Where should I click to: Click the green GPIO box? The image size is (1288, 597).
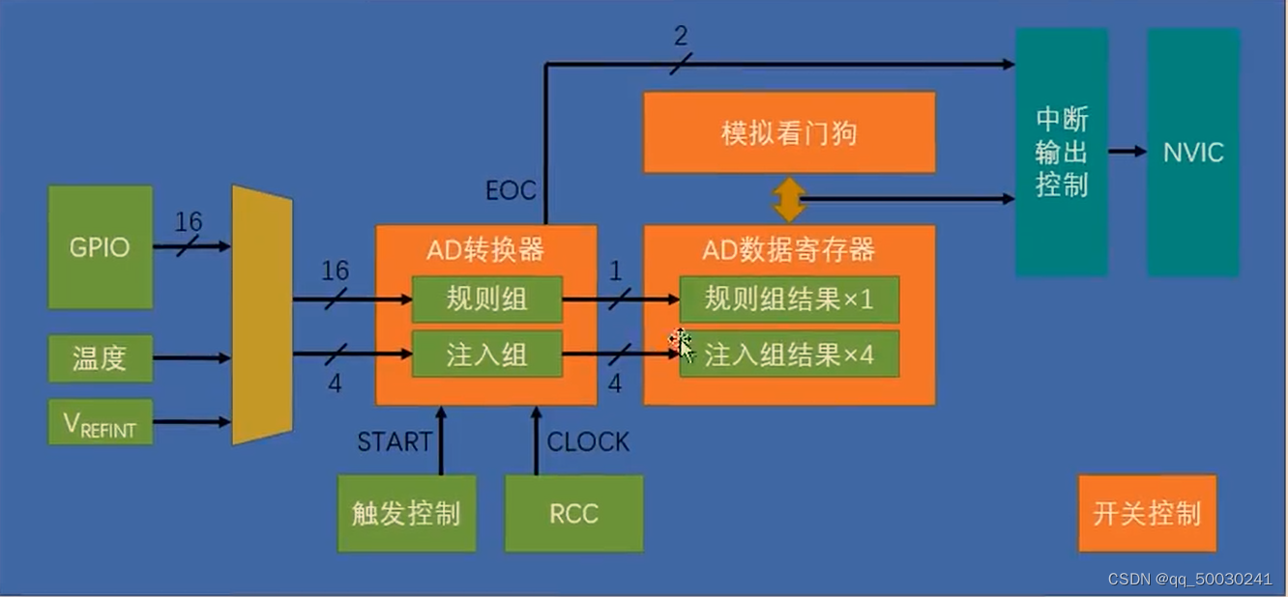tap(101, 247)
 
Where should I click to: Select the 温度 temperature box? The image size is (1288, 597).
tap(101, 358)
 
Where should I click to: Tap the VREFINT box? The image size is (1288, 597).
tap(101, 422)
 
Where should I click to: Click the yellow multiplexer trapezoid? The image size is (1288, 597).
tap(262, 316)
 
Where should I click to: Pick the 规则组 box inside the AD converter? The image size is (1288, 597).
tap(486, 299)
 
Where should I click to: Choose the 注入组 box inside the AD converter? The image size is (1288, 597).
tap(486, 355)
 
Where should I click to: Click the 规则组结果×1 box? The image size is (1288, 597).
tap(789, 299)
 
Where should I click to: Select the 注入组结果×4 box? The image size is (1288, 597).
tap(789, 355)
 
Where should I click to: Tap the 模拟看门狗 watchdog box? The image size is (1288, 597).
tap(789, 132)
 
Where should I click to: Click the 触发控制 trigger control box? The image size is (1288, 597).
tap(406, 513)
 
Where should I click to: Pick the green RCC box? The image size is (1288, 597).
tap(574, 513)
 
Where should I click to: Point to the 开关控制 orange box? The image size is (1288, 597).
tap(1147, 513)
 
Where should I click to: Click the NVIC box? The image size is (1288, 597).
tap(1193, 153)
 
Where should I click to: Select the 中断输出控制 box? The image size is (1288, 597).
tap(1062, 153)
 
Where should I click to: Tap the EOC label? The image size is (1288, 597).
tap(511, 190)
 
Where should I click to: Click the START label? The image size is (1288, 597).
tap(394, 442)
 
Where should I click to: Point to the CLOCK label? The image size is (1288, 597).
tap(588, 442)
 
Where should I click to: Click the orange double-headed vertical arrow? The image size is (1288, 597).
tap(789, 200)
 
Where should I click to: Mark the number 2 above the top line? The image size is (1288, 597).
tap(681, 37)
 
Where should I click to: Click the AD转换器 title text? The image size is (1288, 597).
tap(485, 250)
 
